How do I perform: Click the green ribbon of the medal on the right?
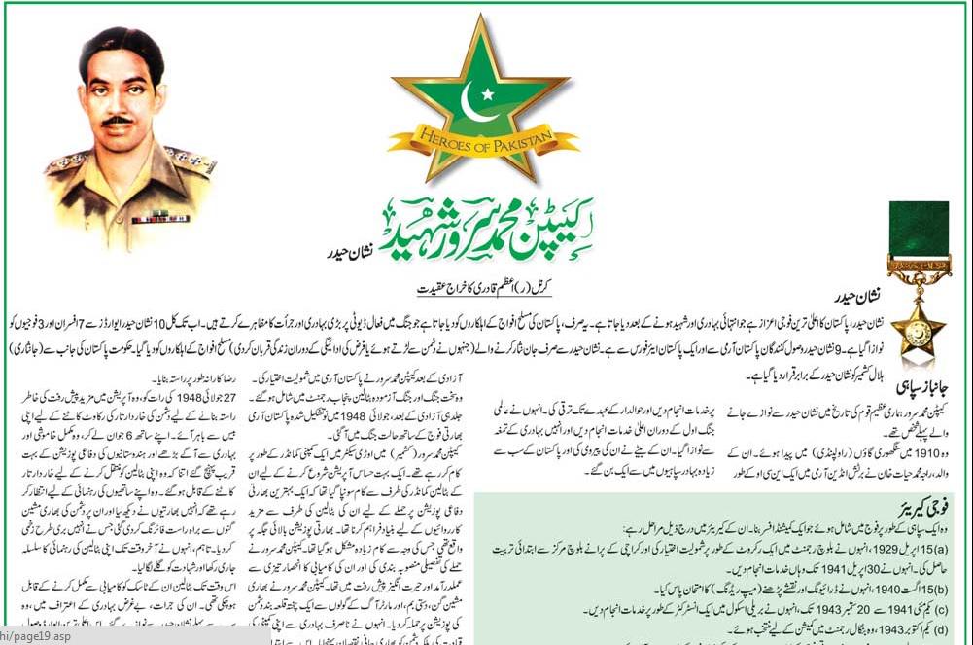(918, 230)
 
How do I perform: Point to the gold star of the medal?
(918, 331)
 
